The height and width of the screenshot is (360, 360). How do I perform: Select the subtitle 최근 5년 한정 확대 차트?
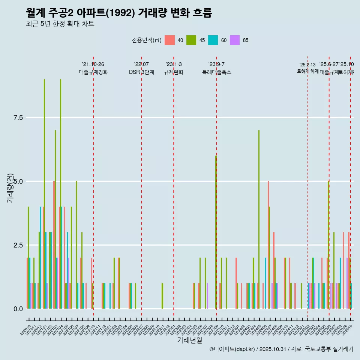[x=60, y=24]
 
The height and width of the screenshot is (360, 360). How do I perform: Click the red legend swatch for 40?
[x=169, y=40]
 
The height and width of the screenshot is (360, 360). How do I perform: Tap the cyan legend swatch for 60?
[x=213, y=40]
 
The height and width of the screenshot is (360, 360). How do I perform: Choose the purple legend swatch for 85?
[x=235, y=40]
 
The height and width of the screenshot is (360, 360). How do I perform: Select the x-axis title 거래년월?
[x=189, y=340]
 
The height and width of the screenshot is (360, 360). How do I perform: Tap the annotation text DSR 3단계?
[x=141, y=72]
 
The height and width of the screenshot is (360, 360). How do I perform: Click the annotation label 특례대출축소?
[x=216, y=72]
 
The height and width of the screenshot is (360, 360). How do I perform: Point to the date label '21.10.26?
[x=93, y=64]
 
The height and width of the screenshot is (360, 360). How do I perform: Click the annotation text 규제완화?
[x=173, y=72]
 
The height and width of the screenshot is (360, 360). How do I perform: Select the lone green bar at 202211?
[x=162, y=296]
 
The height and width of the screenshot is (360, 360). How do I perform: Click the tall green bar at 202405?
[x=259, y=219]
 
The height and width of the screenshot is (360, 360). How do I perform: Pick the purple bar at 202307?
[x=207, y=296]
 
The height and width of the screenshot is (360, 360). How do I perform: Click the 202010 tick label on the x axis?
[x=26, y=331]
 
